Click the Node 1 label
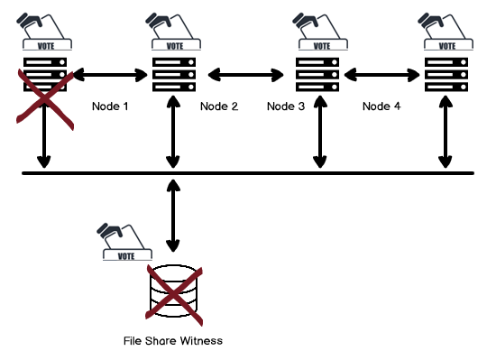pyautogui.click(x=110, y=106)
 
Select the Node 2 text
pyautogui.click(x=219, y=106)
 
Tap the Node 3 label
pyautogui.click(x=287, y=106)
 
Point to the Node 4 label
pyautogui.click(x=381, y=106)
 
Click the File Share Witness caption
pyautogui.click(x=172, y=341)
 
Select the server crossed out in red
pyautogui.click(x=41, y=75)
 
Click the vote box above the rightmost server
pyautogui.click(x=445, y=31)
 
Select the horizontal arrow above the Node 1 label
pyautogui.click(x=110, y=74)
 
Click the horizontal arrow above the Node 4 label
pyautogui.click(x=381, y=74)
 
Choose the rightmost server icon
pyautogui.click(x=445, y=74)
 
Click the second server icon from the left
pyautogui.click(x=173, y=74)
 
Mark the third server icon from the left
pyautogui.click(x=318, y=74)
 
